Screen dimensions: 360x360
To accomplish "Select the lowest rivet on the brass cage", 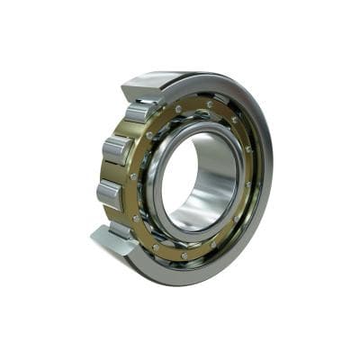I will coord(184,256).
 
